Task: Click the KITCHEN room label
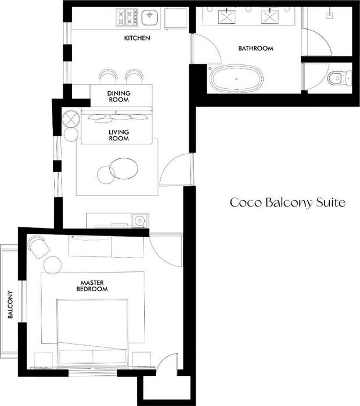click(x=137, y=38)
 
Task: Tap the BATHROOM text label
click(x=255, y=48)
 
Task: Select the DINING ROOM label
click(x=119, y=96)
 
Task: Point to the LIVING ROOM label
click(x=118, y=135)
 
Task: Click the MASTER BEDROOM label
click(x=92, y=286)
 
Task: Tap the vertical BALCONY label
click(x=10, y=304)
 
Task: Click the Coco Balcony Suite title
click(x=287, y=202)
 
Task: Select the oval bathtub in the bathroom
click(x=236, y=78)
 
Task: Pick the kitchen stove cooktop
click(x=126, y=17)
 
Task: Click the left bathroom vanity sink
click(x=226, y=17)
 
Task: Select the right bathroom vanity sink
click(x=269, y=16)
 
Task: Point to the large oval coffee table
click(x=124, y=169)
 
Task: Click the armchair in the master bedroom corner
click(x=39, y=247)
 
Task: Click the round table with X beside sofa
click(x=71, y=118)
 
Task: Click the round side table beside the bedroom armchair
click(x=53, y=265)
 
